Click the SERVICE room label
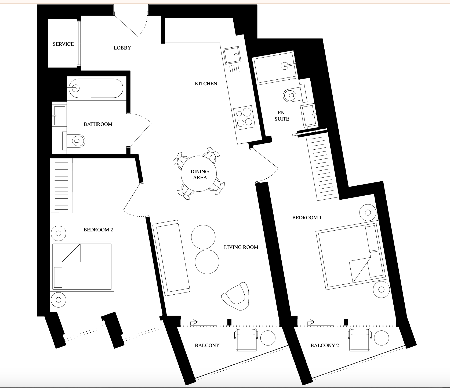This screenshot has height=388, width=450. [x=63, y=44]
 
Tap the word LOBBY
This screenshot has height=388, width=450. [x=122, y=48]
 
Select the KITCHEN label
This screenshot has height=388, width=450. [x=206, y=84]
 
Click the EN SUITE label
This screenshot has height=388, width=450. [x=282, y=116]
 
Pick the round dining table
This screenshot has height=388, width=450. [x=199, y=174]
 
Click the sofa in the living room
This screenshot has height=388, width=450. [x=171, y=258]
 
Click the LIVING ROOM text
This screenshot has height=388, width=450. [x=241, y=247]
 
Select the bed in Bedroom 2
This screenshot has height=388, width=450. [x=83, y=267]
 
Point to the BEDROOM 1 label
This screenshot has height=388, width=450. [x=307, y=217]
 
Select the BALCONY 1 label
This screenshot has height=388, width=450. [x=209, y=345]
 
